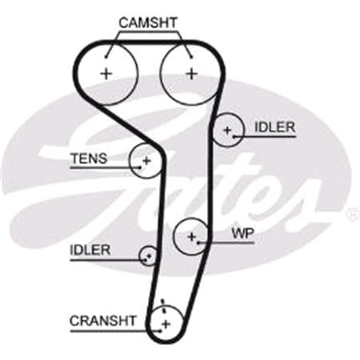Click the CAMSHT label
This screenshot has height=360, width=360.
pyautogui.click(x=148, y=22)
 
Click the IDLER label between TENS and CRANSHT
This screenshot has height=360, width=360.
pyautogui.click(x=90, y=250)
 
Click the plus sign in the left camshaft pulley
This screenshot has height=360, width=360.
pyautogui.click(x=106, y=73)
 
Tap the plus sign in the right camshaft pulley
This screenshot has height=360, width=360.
pyautogui.click(x=190, y=73)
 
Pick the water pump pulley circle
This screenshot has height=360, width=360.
pyautogui.click(x=192, y=236)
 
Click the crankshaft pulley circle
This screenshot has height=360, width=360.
pyautogui.click(x=165, y=322)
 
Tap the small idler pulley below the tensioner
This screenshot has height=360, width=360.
pyautogui.click(x=149, y=255)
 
